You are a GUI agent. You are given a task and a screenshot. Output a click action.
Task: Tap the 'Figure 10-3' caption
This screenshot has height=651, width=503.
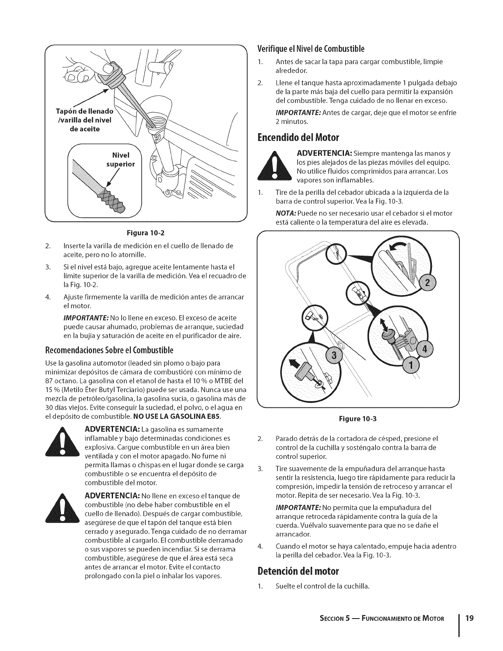pos(357,419)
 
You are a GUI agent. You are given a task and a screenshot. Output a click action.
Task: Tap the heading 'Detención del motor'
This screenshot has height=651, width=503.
pos(298,571)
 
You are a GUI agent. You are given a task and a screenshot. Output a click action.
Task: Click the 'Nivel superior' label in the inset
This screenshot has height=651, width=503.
pos(118,160)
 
